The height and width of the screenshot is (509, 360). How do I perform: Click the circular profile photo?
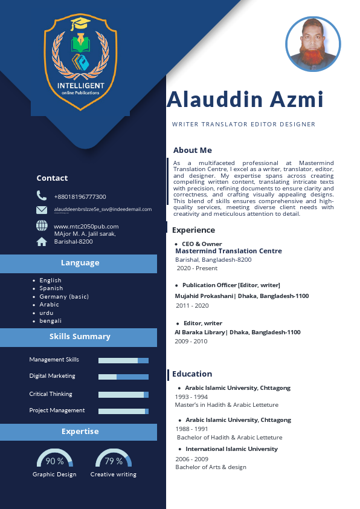click(x=313, y=44)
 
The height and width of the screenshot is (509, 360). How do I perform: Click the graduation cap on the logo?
click(x=80, y=24)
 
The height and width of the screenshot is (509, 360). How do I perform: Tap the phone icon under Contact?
click(x=42, y=196)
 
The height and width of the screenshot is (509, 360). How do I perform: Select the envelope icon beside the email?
click(x=42, y=210)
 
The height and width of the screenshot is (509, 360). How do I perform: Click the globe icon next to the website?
click(x=42, y=225)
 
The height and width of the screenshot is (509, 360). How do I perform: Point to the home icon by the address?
click(x=42, y=242)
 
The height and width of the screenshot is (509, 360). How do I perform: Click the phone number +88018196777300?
click(x=80, y=196)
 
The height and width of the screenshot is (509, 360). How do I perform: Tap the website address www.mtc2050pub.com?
click(x=86, y=226)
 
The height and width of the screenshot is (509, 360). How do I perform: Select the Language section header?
click(x=79, y=263)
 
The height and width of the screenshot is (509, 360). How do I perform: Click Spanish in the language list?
click(x=51, y=288)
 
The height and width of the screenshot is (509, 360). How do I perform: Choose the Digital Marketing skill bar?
click(x=123, y=377)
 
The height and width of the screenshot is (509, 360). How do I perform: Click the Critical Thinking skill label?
click(x=51, y=394)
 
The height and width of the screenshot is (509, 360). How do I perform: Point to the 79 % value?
click(x=114, y=461)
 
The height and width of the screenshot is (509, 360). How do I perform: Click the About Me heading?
click(x=192, y=150)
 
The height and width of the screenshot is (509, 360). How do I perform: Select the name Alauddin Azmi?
click(x=245, y=99)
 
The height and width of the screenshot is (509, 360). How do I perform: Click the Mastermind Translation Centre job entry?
click(x=228, y=251)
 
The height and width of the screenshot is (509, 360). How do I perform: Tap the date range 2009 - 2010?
click(x=191, y=341)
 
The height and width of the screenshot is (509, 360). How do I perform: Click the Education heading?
click(x=192, y=374)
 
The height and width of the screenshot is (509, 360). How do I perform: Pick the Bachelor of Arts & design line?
click(x=211, y=467)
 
